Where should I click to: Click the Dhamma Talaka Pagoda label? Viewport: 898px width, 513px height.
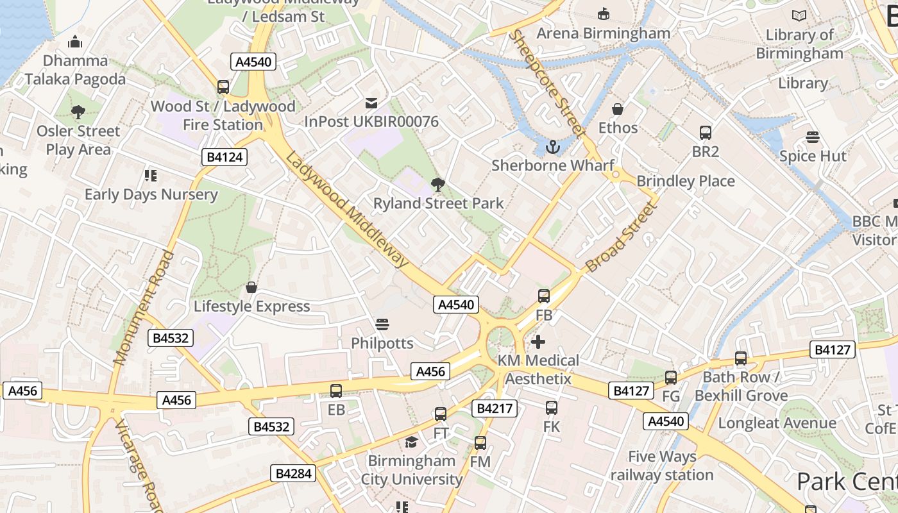point(75,70)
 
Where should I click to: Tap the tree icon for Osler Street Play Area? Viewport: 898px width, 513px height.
point(78,112)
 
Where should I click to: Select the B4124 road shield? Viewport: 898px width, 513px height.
point(224,157)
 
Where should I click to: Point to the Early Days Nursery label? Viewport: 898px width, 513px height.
point(151,194)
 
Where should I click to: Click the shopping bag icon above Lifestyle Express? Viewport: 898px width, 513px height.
point(251,287)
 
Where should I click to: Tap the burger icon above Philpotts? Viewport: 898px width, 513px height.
point(382,324)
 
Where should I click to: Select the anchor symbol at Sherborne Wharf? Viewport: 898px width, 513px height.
point(552,147)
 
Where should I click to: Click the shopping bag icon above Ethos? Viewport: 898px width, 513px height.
point(618,109)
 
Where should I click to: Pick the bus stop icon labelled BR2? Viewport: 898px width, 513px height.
point(706,133)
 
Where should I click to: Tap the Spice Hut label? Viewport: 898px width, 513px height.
point(813,156)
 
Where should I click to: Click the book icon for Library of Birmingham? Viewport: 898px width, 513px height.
point(799,16)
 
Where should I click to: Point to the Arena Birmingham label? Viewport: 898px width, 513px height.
point(603,33)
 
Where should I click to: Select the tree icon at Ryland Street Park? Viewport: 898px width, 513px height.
point(438,185)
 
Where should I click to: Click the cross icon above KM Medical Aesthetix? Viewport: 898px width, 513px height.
point(538,342)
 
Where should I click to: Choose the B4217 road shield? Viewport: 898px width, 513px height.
point(494,408)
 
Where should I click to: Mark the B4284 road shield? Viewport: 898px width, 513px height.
point(294,473)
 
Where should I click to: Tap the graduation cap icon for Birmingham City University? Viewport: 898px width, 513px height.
point(411,442)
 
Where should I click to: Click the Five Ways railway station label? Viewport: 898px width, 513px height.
point(662,466)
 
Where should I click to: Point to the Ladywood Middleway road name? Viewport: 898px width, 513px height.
point(347,210)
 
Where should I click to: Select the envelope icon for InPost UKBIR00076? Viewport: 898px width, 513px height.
point(371,103)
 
